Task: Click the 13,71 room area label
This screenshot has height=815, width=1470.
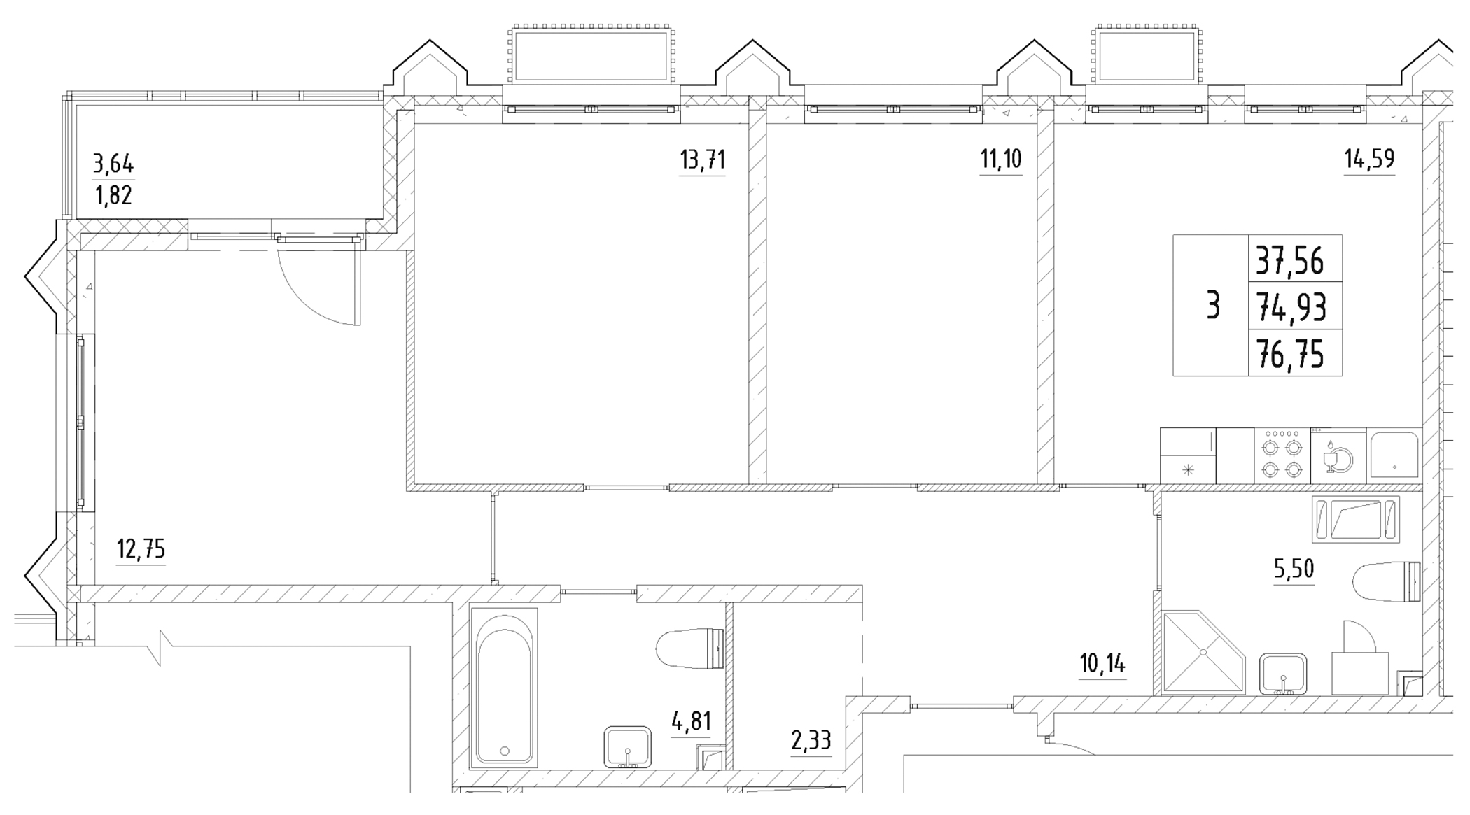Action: click(x=702, y=160)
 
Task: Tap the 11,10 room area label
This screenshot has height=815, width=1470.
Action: click(x=1000, y=160)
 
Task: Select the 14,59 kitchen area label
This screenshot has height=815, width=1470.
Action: click(x=1369, y=160)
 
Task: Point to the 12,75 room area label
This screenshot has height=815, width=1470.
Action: click(x=141, y=550)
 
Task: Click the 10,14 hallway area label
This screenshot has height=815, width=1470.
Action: click(x=1102, y=663)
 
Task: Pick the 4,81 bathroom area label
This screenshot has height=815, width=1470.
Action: click(x=691, y=721)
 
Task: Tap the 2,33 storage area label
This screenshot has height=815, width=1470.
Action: click(x=811, y=740)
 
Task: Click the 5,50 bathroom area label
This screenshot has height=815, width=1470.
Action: click(x=1294, y=569)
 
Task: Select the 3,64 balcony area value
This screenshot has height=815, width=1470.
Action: click(x=113, y=164)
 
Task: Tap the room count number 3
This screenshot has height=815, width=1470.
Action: click(x=1213, y=306)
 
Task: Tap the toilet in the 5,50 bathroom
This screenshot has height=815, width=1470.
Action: click(x=1386, y=582)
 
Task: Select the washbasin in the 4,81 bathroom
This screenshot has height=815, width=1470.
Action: click(x=627, y=747)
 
